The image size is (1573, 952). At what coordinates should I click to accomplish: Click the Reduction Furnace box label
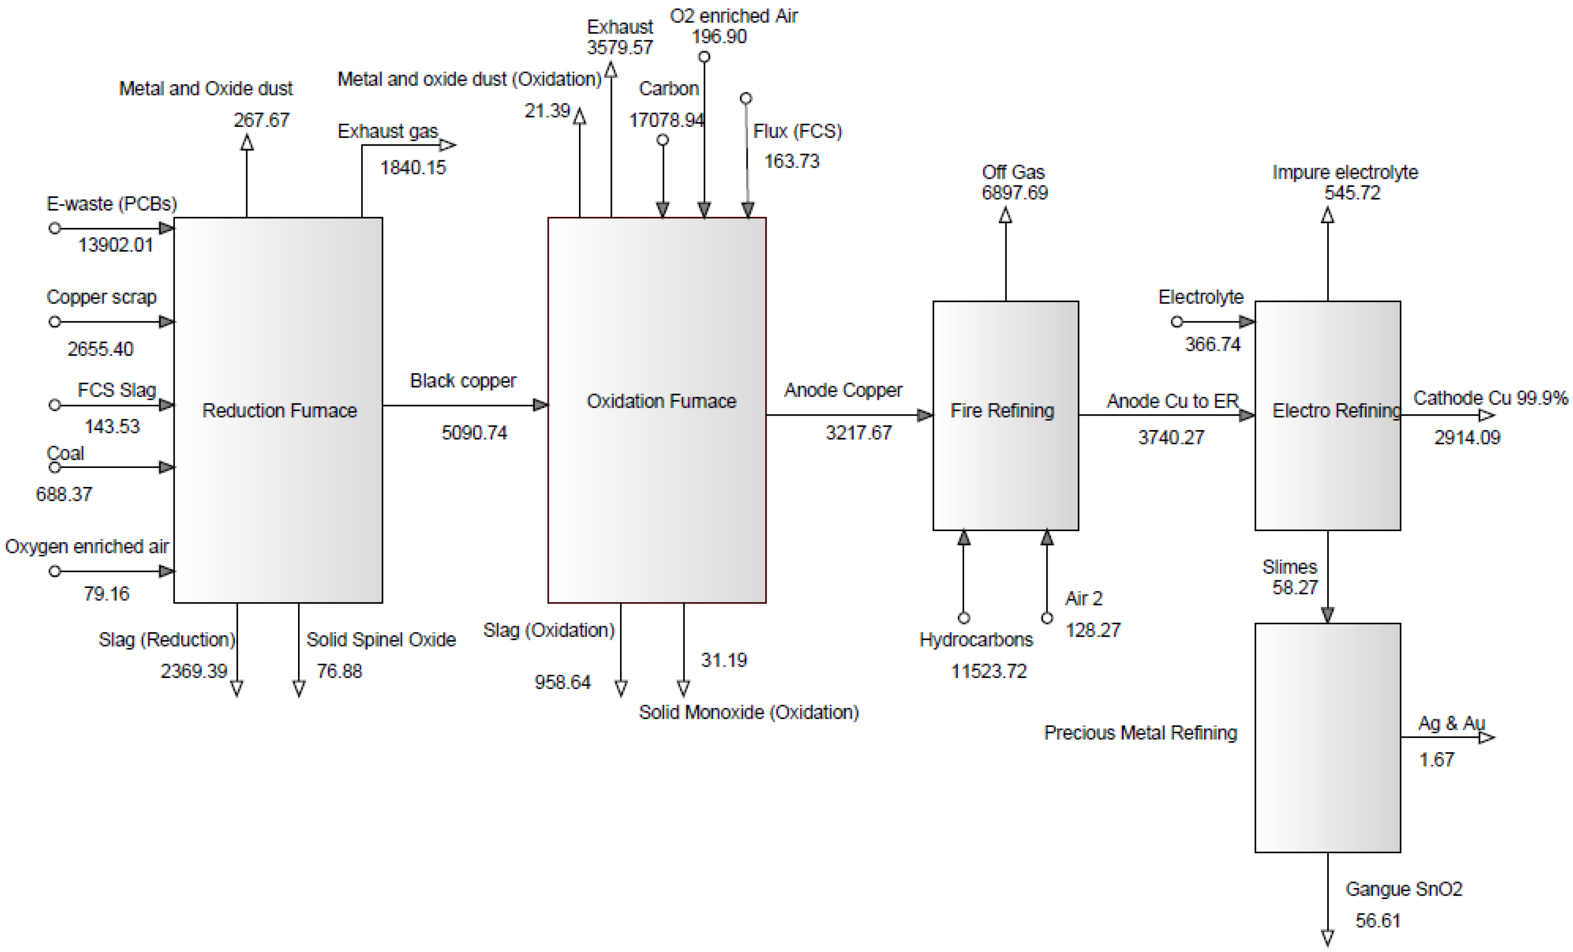coord(279,411)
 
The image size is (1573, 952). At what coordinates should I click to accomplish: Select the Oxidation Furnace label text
coord(662,401)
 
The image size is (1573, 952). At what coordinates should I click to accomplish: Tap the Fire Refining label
coord(1002,411)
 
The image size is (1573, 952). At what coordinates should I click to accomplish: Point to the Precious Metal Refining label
coord(1140,732)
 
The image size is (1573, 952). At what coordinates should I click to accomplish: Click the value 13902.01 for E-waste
coord(115,245)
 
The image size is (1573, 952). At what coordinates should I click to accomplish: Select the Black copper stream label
coord(463,380)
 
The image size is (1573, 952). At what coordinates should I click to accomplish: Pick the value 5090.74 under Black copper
coord(474,433)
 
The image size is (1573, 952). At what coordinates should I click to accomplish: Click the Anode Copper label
coord(843,390)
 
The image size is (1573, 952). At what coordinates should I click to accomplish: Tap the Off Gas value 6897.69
coord(1014,193)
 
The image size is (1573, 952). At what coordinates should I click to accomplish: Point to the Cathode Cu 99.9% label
coord(1490,398)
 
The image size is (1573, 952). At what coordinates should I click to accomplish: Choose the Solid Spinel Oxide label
coord(381,640)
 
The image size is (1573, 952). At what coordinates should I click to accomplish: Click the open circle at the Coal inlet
coord(55,467)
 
